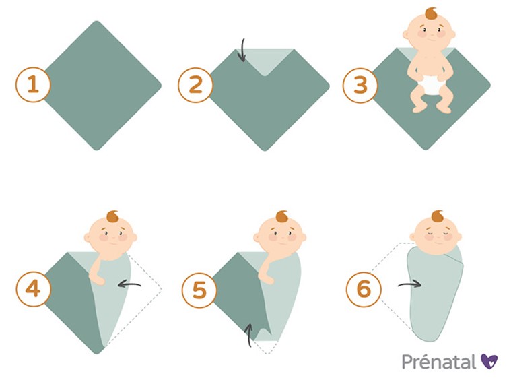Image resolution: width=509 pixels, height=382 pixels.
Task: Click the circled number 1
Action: click(33, 84)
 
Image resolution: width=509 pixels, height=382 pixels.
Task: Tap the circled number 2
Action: click(195, 85)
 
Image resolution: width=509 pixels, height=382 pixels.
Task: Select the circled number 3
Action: click(360, 86)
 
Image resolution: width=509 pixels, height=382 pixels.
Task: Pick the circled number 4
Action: click(34, 289)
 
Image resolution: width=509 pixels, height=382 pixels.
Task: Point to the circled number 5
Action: click(199, 290)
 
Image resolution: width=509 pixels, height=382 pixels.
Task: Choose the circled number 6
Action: click(364, 289)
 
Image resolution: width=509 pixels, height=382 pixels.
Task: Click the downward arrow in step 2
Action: click(242, 51)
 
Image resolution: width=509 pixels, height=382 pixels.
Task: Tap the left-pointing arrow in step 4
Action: click(129, 284)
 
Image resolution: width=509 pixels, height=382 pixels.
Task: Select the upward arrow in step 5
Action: click(248, 336)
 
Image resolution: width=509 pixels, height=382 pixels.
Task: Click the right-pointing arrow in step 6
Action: click(409, 284)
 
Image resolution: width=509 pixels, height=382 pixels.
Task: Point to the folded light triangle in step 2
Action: click(265, 59)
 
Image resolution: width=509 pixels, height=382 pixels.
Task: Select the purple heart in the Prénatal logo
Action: click(489, 361)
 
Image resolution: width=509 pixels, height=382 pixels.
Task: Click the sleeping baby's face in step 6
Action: click(436, 235)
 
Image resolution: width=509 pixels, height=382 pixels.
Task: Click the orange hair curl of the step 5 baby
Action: click(281, 217)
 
